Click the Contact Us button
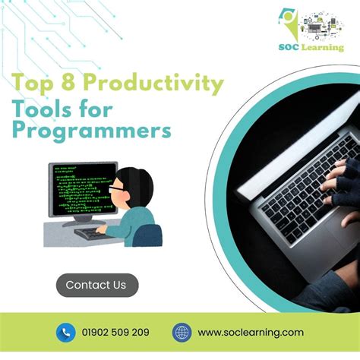click(96, 285)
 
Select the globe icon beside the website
click(182, 332)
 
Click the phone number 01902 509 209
click(115, 332)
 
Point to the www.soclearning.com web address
click(251, 332)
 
